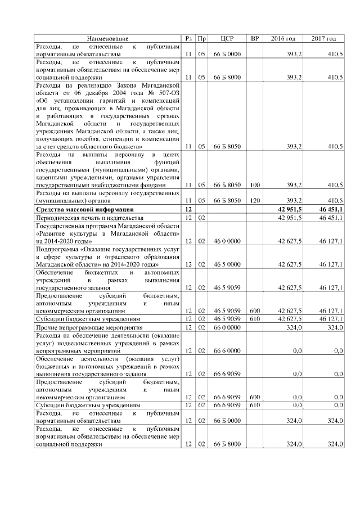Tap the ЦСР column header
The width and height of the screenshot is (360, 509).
tap(227, 38)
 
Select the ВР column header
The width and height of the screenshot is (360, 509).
tap(255, 38)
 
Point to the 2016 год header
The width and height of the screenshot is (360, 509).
tap(283, 38)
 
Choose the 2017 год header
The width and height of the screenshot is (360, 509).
tap(323, 38)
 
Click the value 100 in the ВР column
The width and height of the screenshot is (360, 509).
tap(255, 185)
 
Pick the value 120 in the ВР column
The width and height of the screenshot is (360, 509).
tap(255, 201)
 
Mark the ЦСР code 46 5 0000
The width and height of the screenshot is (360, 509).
tap(227, 264)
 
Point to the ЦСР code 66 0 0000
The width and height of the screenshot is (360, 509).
tap(227, 327)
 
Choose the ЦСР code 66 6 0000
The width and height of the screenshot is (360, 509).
tap(227, 350)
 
